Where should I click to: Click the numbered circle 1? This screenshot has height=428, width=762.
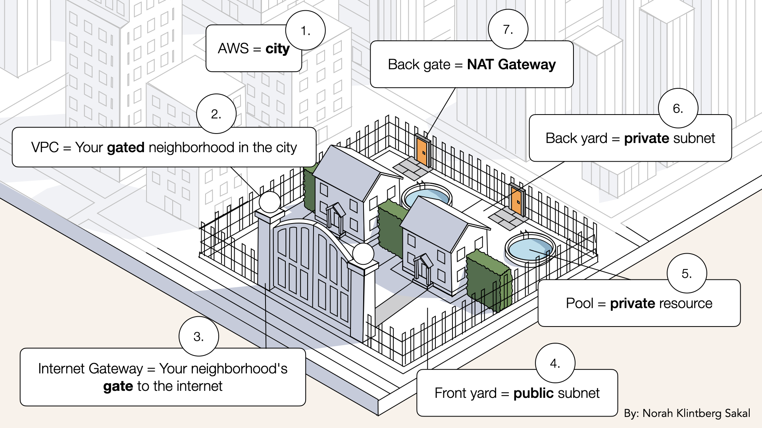coord(305,31)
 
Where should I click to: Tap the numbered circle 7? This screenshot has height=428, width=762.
coord(508,29)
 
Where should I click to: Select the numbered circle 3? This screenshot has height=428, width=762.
coord(198,336)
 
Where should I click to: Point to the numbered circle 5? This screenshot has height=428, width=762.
coord(687,273)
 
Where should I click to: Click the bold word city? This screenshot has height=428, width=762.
coord(277,49)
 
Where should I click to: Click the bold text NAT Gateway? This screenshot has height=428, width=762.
coord(511,64)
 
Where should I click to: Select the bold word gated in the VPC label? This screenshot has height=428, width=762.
coord(125,147)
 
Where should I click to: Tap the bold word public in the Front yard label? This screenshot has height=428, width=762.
coord(533,393)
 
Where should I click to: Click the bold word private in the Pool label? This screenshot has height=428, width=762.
coord(633,303)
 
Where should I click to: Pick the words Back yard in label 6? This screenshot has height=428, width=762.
coord(576,138)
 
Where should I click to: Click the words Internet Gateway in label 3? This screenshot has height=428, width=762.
coord(90,369)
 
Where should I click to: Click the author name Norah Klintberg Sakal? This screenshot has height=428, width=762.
coord(696,413)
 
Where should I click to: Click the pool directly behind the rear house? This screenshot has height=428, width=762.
coord(427,196)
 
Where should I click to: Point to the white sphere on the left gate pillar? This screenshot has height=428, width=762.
coord(270,202)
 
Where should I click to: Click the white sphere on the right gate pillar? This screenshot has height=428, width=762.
coord(363,254)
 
